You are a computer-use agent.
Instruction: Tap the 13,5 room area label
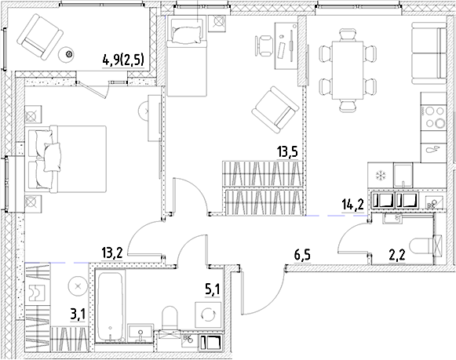[287, 152]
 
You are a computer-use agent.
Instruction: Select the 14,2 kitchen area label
[352, 205]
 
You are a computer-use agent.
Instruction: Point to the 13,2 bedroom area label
[112, 253]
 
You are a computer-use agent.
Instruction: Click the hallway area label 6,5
[302, 256]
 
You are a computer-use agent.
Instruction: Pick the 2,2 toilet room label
[397, 257]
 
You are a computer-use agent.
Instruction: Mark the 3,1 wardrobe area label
[78, 315]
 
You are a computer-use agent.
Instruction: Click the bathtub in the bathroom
[110, 306]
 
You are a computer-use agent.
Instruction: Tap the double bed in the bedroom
[65, 159]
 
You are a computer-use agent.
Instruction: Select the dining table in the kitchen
[348, 71]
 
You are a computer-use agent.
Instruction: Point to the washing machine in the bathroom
[208, 315]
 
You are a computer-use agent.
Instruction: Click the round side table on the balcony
[68, 54]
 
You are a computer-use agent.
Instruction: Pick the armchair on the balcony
[40, 38]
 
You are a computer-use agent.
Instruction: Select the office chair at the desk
[264, 45]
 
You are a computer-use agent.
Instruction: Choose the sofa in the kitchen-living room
[429, 53]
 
